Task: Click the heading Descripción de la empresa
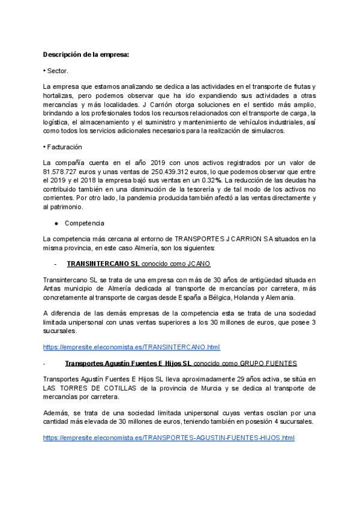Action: [86, 55]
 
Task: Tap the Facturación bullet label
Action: [64, 147]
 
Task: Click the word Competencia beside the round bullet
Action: [84, 223]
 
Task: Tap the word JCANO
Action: [198, 264]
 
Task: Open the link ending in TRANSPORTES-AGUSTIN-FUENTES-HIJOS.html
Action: [169, 438]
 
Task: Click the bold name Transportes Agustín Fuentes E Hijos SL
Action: [128, 364]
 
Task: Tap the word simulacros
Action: [268, 131]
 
